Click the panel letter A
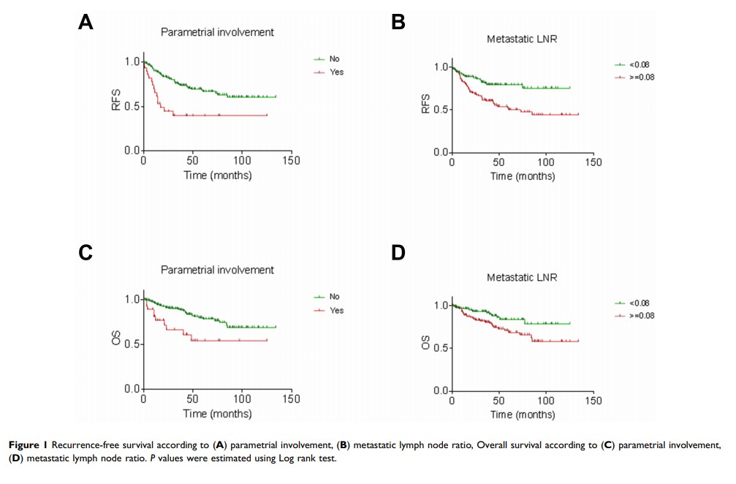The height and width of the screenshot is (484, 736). (86, 22)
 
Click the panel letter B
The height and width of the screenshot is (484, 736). (398, 22)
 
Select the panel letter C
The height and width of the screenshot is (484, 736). (86, 253)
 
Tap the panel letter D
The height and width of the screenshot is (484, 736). (399, 253)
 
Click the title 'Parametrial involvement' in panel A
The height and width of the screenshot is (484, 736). (217, 31)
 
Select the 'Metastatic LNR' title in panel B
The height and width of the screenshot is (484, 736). (522, 39)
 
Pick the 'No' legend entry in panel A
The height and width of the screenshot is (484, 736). (334, 59)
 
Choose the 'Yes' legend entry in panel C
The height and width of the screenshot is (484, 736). (335, 311)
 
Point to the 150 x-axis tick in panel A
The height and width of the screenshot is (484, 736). (291, 161)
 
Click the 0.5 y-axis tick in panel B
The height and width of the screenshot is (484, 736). (440, 110)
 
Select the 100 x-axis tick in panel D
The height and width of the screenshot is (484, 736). (546, 401)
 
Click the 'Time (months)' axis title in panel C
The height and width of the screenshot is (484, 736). (217, 413)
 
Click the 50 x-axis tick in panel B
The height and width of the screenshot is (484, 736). (499, 162)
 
